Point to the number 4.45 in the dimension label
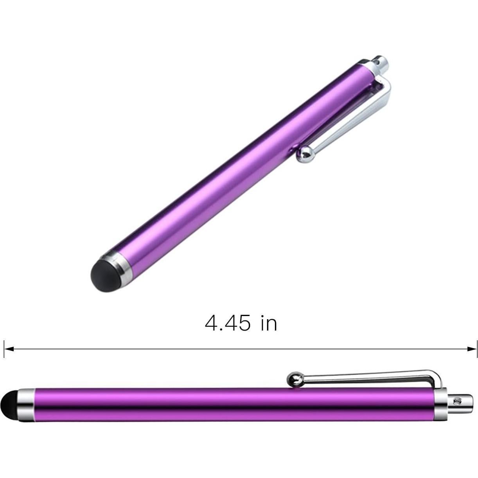(x=227, y=323)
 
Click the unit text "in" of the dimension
(x=269, y=323)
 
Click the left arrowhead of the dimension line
(x=9, y=349)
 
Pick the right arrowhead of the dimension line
(x=472, y=349)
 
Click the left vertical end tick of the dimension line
(x=4, y=349)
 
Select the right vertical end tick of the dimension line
(x=476, y=349)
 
